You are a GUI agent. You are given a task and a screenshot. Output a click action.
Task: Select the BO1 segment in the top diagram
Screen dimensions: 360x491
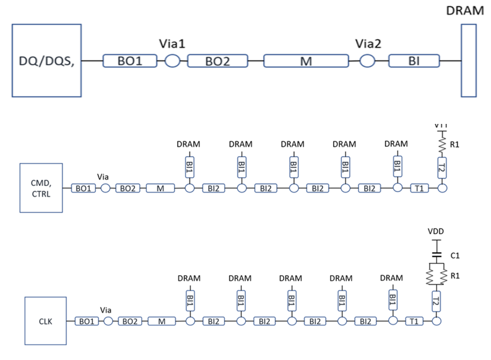[131, 61]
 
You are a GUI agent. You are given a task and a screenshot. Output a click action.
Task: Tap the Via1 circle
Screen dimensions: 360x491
[172, 61]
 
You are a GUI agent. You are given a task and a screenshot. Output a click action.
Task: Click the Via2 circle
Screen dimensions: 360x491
[368, 61]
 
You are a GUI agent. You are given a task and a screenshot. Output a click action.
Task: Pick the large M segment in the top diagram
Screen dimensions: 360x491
[305, 61]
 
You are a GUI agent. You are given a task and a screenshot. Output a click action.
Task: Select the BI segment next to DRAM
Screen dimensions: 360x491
[414, 61]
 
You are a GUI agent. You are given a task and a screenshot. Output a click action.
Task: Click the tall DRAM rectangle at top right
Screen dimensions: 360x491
[469, 60]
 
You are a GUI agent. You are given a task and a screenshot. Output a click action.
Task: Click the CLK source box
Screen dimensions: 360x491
[45, 321]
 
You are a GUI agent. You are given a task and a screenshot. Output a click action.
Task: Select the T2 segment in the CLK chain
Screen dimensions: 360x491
[436, 302]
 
